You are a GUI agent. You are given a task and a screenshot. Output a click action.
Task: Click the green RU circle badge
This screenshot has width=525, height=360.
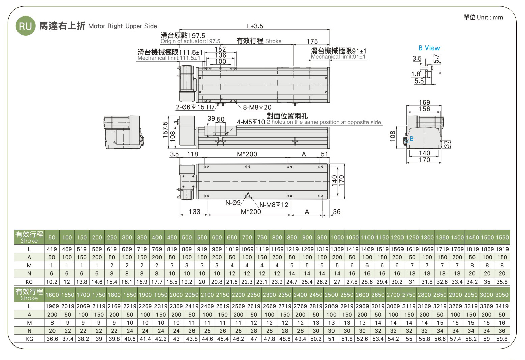[x=26, y=26]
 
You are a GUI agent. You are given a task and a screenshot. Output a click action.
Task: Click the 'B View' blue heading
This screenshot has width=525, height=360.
[x=429, y=48]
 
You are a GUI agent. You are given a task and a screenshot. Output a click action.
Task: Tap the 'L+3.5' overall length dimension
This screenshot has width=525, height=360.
[x=255, y=26]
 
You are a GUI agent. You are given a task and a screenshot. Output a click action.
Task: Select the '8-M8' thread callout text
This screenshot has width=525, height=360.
[x=257, y=107]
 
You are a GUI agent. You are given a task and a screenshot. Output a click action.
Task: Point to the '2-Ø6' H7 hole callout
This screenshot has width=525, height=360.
[x=195, y=107]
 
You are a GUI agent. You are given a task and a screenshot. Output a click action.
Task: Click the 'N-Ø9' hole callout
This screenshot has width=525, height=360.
[x=233, y=203]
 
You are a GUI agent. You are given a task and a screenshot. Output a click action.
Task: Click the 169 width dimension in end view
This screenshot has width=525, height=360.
[x=424, y=102]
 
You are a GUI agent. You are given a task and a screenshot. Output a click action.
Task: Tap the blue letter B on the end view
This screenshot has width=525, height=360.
[x=412, y=139]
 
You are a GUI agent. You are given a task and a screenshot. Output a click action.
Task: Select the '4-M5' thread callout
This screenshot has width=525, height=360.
[x=251, y=122]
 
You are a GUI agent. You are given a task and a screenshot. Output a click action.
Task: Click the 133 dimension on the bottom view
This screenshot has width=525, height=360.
[x=195, y=211]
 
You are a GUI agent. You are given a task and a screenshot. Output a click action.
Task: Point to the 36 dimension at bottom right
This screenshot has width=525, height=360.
[x=336, y=211]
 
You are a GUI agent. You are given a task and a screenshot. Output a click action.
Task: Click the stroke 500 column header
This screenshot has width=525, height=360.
[x=187, y=237]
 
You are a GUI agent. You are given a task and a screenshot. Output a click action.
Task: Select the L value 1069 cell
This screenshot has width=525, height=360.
[x=247, y=249]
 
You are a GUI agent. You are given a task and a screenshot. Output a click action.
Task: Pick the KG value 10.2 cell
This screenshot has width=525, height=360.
[x=52, y=282]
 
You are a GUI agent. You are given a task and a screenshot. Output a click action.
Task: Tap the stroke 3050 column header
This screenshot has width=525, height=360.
[x=502, y=295]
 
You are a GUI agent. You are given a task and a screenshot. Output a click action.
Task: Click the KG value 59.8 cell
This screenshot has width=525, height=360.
[x=502, y=339]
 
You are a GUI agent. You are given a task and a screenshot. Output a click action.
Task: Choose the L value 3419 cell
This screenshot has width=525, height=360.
[x=502, y=306]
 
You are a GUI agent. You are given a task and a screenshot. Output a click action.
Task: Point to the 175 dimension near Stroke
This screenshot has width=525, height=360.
[x=312, y=41]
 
